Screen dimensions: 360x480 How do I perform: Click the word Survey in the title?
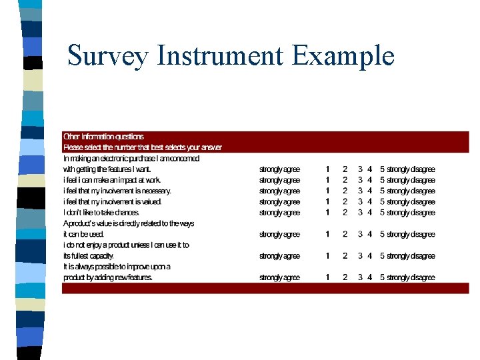pos(107,56)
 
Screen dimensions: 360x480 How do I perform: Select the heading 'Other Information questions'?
pos(103,137)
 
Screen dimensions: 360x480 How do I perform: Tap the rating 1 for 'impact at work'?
pos(327,180)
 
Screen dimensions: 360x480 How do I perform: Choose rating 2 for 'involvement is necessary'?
pos(345,191)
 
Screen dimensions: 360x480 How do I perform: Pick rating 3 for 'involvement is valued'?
pos(360,201)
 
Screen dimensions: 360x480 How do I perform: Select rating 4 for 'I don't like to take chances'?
pos(369,213)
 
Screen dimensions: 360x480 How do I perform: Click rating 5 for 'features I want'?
pos(382,169)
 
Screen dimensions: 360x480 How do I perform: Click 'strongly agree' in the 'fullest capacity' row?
pos(279,256)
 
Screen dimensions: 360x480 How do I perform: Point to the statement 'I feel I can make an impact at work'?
pos(112,180)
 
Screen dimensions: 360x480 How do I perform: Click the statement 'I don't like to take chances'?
pos(101,213)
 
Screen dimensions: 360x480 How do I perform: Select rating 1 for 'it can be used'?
pos(327,234)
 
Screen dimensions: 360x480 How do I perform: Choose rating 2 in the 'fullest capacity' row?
pos(345,256)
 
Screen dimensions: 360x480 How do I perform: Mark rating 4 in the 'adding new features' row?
pos(369,277)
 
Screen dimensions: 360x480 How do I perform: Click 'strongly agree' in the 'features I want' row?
pos(279,169)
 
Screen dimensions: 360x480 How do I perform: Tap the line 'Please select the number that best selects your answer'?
pos(143,147)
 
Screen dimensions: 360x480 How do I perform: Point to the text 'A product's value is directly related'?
pos(129,223)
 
